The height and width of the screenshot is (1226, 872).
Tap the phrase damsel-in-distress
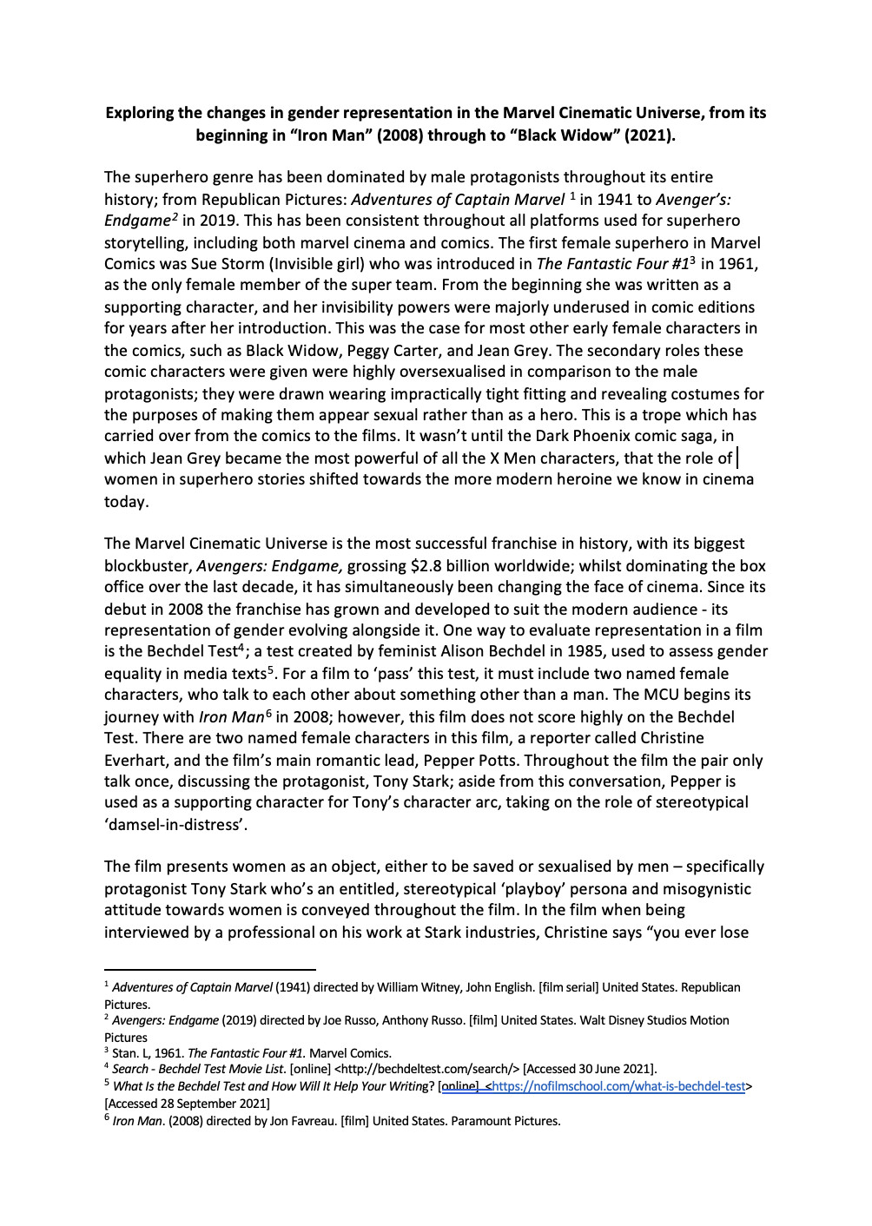176,825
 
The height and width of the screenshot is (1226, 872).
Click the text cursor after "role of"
737,458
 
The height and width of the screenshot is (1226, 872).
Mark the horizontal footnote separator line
209,968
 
